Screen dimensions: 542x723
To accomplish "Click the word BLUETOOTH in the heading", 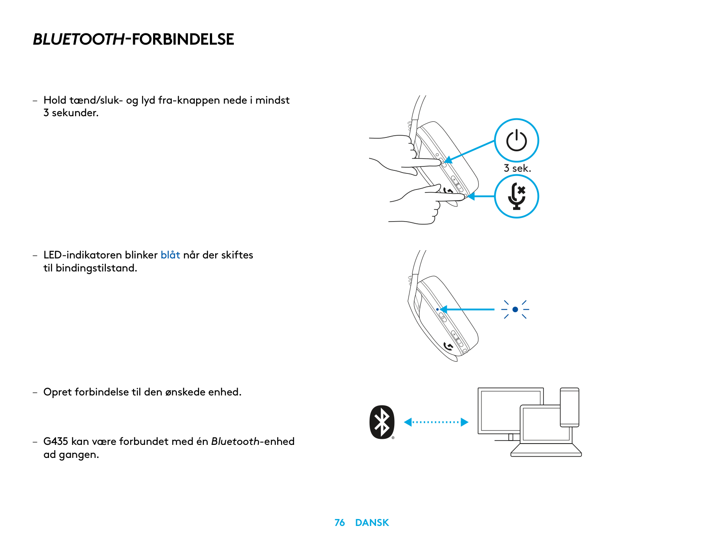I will pos(79,39).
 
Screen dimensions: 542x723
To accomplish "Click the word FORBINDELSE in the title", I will pos(183,39).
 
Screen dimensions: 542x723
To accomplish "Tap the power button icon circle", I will pos(516,140).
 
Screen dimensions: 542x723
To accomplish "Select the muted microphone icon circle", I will pos(516,196).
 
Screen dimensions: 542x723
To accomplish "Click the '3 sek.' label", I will pos(517,168).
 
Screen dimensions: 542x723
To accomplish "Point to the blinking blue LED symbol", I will pos(515,309).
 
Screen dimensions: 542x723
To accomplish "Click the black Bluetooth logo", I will pos(382,422).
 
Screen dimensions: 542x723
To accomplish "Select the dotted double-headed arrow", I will pos(436,422).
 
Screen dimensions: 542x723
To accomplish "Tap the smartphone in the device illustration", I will pos(569,407).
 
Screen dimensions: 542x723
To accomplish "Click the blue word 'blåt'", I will pos(170,255).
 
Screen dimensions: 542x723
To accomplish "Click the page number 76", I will pos(340,522).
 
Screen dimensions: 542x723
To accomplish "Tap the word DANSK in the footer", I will pos(372,522).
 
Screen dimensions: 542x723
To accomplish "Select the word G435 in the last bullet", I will pos(56,441).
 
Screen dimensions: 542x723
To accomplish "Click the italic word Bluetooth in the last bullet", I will pos(235,441).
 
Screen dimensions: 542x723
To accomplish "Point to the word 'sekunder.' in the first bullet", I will pos(75,113).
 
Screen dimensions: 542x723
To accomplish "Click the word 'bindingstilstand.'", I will pos(96,268).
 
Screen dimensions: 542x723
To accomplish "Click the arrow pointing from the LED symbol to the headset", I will pos(468,309).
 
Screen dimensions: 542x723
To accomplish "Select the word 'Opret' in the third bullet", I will pos(57,392).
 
